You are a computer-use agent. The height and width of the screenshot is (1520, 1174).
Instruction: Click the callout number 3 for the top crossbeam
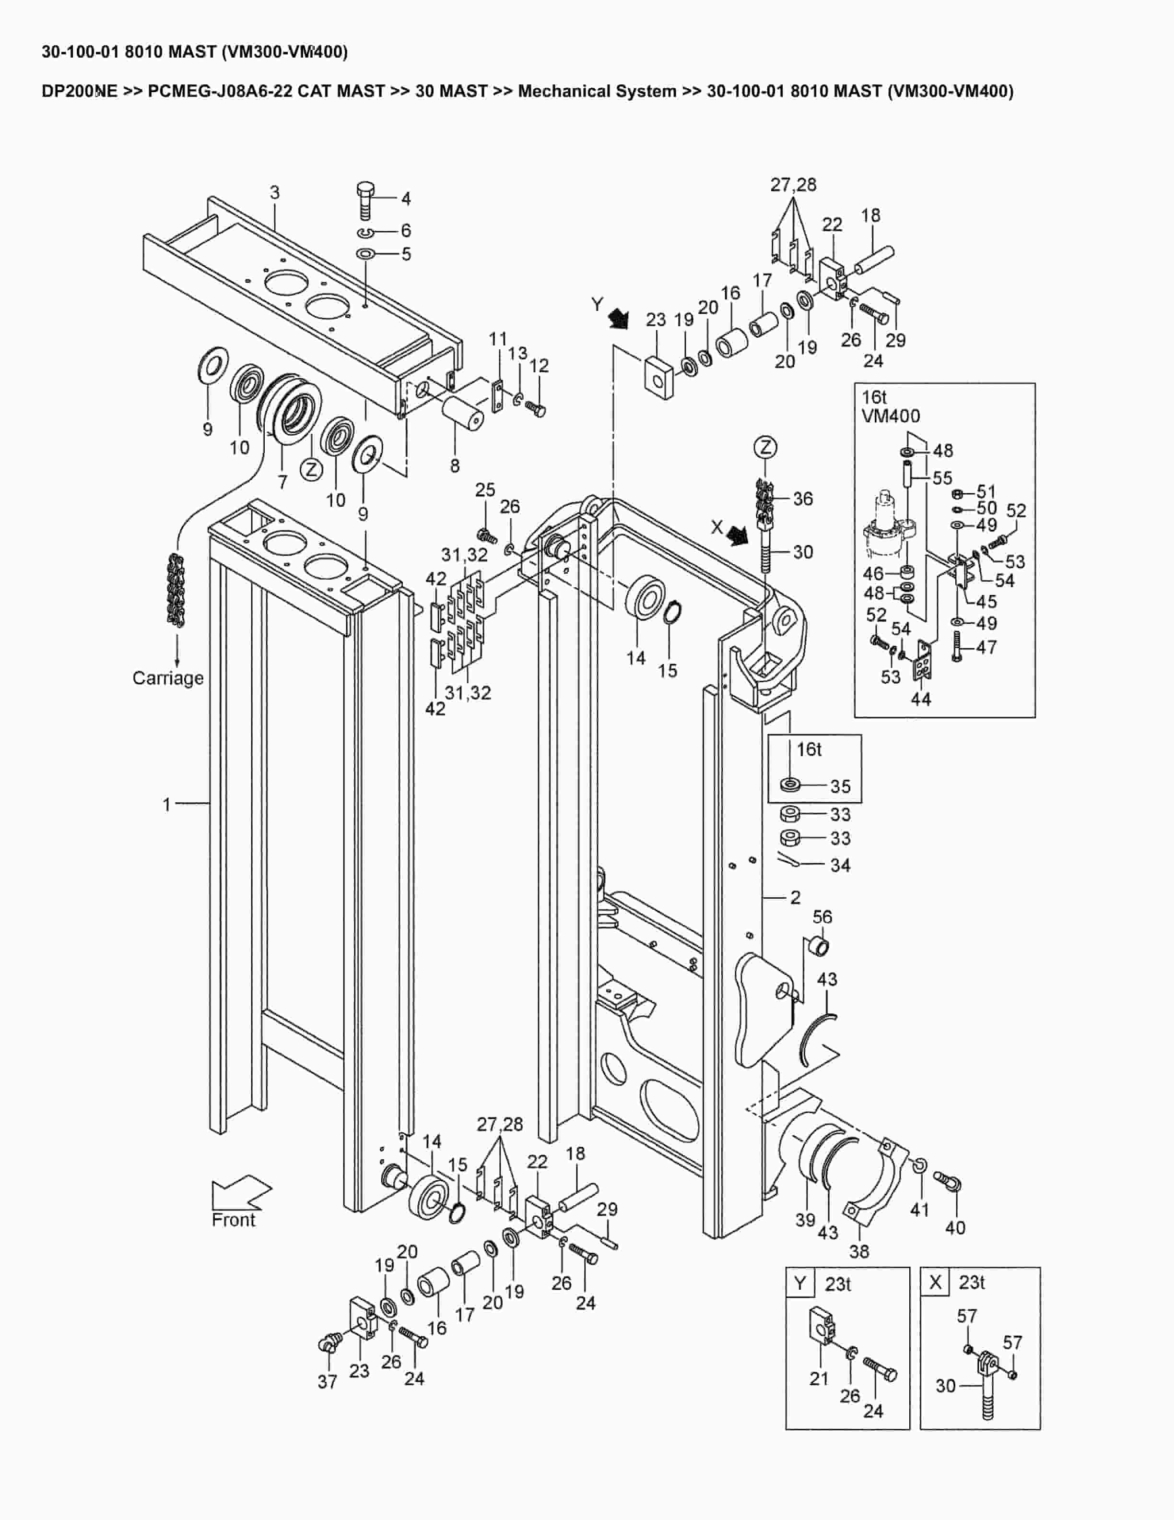(275, 192)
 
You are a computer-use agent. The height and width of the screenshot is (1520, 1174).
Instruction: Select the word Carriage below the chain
(168, 678)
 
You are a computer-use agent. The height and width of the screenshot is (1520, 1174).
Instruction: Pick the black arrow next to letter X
(737, 534)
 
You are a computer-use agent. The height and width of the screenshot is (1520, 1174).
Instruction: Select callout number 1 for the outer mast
(166, 805)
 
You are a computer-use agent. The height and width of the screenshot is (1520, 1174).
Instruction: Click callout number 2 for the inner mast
(796, 897)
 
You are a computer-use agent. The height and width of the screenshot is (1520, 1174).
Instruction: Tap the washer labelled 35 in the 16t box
(791, 785)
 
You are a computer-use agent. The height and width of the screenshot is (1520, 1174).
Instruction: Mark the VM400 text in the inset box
(890, 416)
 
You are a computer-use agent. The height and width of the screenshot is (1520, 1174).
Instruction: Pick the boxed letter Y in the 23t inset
(800, 1282)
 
